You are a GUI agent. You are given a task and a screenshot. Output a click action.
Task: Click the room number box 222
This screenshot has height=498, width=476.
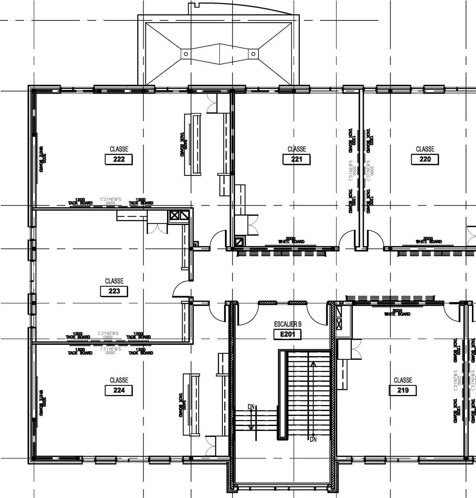click(x=119, y=159)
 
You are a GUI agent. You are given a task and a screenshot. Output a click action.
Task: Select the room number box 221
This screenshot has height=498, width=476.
click(x=296, y=159)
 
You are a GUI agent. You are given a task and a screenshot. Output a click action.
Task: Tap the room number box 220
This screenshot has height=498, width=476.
click(x=425, y=159)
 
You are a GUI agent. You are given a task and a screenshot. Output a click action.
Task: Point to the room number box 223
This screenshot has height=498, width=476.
click(x=114, y=291)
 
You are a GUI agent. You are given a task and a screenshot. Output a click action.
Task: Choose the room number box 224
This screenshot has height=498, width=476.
click(x=119, y=390)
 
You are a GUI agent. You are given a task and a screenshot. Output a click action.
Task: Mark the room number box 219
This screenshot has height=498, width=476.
click(x=403, y=390)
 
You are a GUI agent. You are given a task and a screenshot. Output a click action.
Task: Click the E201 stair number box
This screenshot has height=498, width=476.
click(x=287, y=334)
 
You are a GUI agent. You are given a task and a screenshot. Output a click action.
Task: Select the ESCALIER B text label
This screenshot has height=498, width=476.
click(x=287, y=324)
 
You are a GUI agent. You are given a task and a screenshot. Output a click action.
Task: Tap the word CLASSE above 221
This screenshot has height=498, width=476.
click(x=297, y=149)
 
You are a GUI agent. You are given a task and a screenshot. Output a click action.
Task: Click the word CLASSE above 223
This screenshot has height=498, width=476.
click(x=114, y=281)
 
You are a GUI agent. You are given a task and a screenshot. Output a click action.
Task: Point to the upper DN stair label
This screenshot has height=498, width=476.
click(x=251, y=407)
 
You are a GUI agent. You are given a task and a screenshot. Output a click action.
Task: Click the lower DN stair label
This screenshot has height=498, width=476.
click(x=313, y=439)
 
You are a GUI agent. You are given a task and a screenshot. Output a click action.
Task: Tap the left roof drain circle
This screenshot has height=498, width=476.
click(x=186, y=54)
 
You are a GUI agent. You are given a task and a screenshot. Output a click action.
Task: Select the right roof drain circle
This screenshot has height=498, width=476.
click(x=254, y=54)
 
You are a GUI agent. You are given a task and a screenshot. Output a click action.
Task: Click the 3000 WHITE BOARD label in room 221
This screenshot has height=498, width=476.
click(x=291, y=240)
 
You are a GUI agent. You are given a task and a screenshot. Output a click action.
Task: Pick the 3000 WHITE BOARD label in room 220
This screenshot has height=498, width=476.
click(x=428, y=240)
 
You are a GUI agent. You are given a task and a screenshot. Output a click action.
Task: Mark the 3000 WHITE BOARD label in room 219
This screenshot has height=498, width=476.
click(x=397, y=313)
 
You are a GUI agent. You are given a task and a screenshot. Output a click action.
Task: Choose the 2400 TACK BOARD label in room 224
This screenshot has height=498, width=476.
click(x=182, y=405)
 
